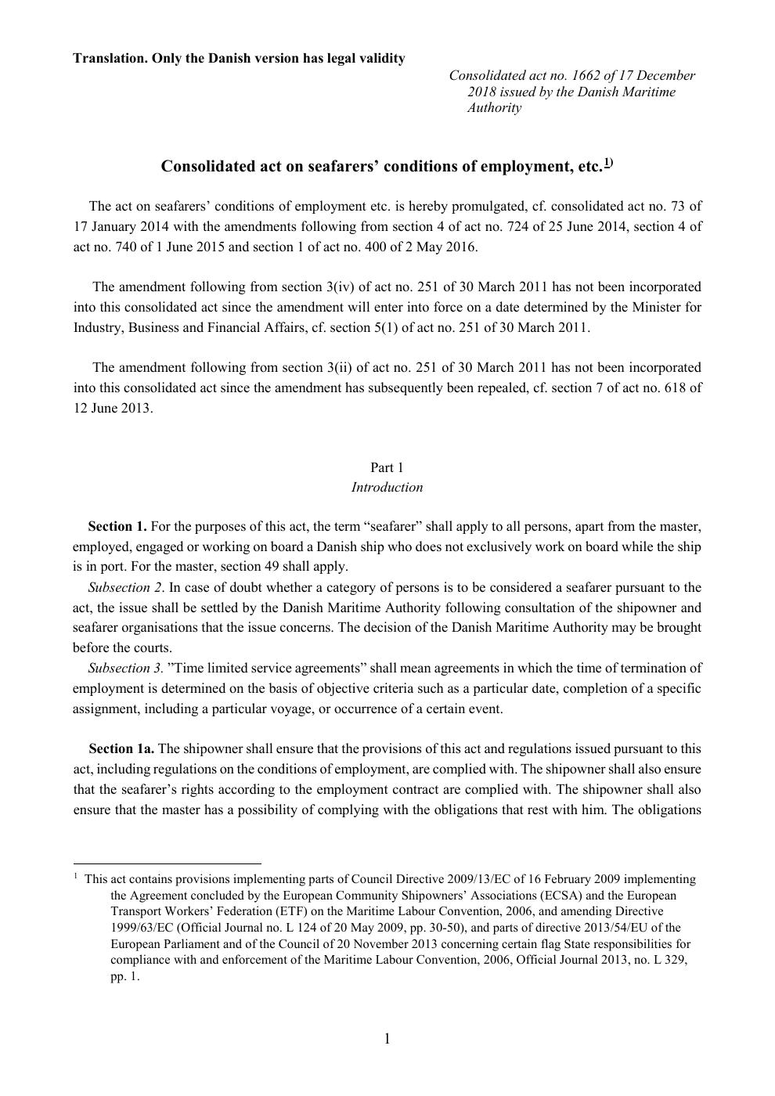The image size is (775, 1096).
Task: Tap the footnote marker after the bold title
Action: click(x=608, y=164)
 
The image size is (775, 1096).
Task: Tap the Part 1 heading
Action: click(x=387, y=467)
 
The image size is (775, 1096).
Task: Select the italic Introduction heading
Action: click(x=387, y=488)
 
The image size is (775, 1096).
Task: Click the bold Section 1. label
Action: click(x=117, y=527)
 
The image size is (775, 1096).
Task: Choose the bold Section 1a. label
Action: click(x=121, y=749)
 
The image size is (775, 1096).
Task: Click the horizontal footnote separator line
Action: click(x=167, y=863)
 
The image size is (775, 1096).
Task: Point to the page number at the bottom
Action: click(x=387, y=1039)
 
